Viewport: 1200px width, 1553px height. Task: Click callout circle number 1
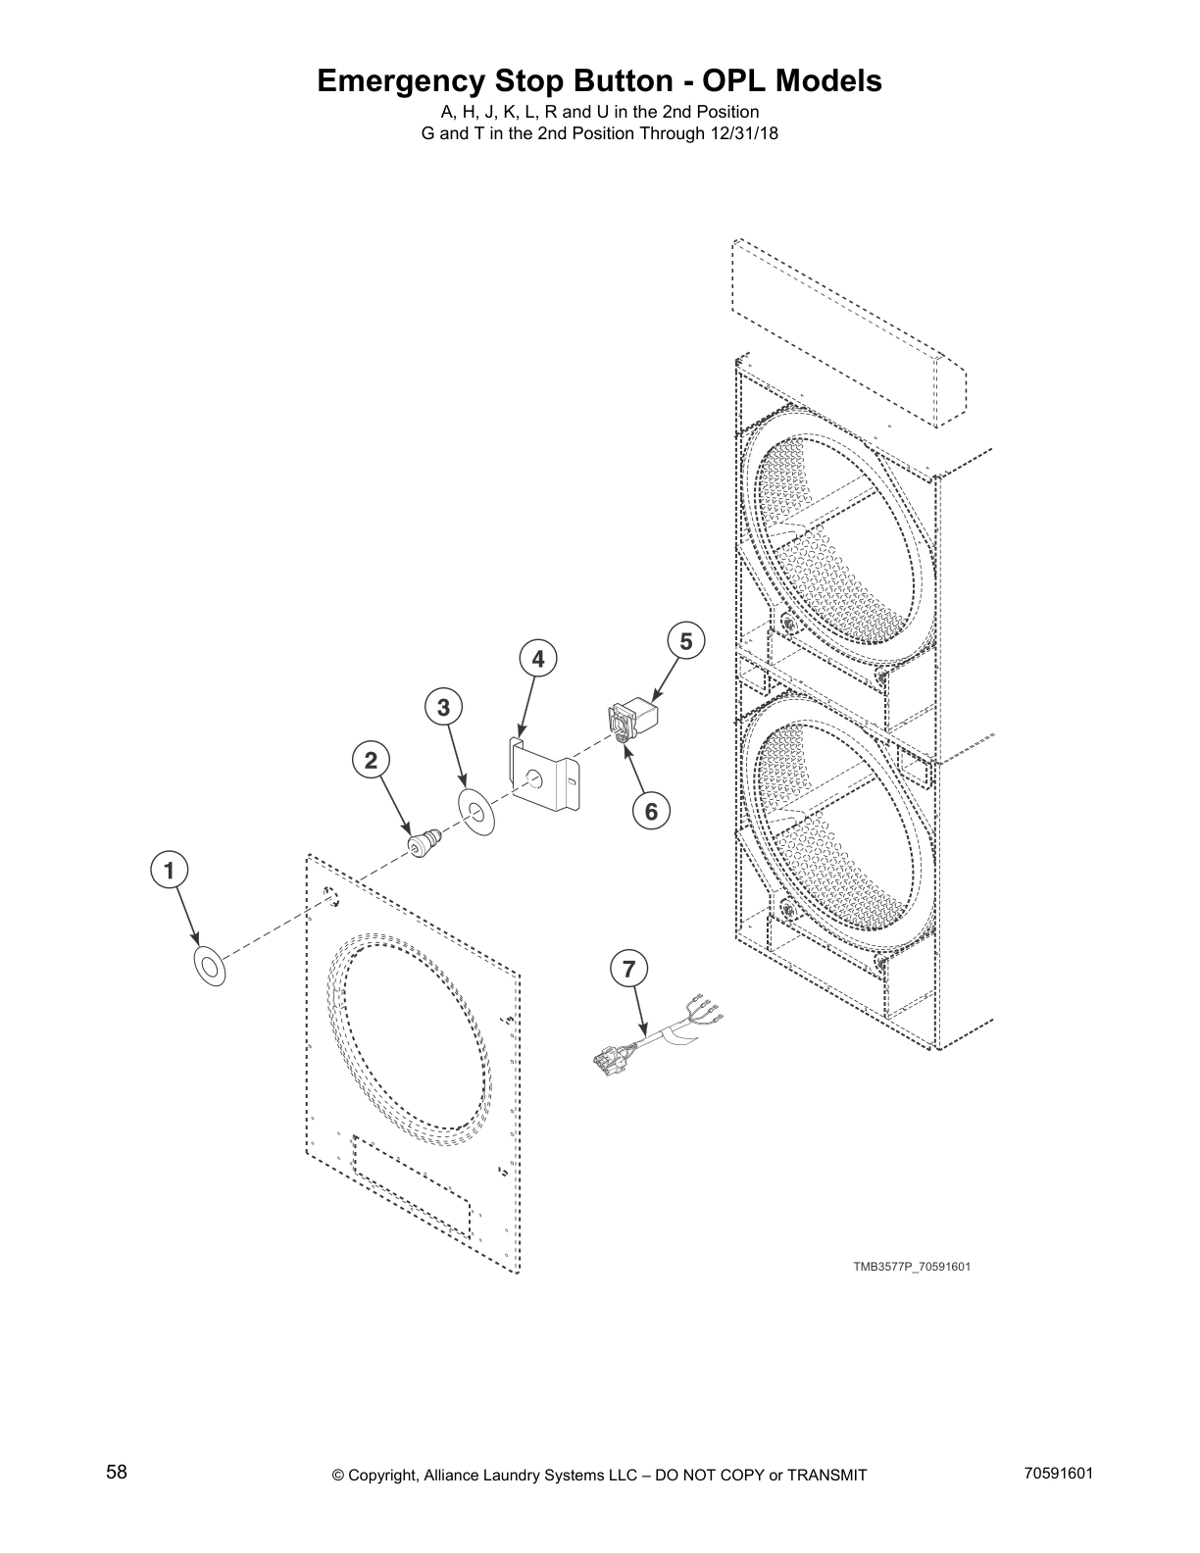(169, 870)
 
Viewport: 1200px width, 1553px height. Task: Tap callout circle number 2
(371, 760)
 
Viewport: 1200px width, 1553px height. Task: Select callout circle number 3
(444, 706)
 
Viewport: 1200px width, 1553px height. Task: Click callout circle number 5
(685, 641)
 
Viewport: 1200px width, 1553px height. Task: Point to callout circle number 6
(651, 811)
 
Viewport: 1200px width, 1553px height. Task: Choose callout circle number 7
(628, 970)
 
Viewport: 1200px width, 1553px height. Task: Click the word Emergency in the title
(403, 81)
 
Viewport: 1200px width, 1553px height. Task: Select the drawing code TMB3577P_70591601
(911, 1267)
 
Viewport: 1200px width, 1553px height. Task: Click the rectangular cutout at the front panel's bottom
(412, 1189)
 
